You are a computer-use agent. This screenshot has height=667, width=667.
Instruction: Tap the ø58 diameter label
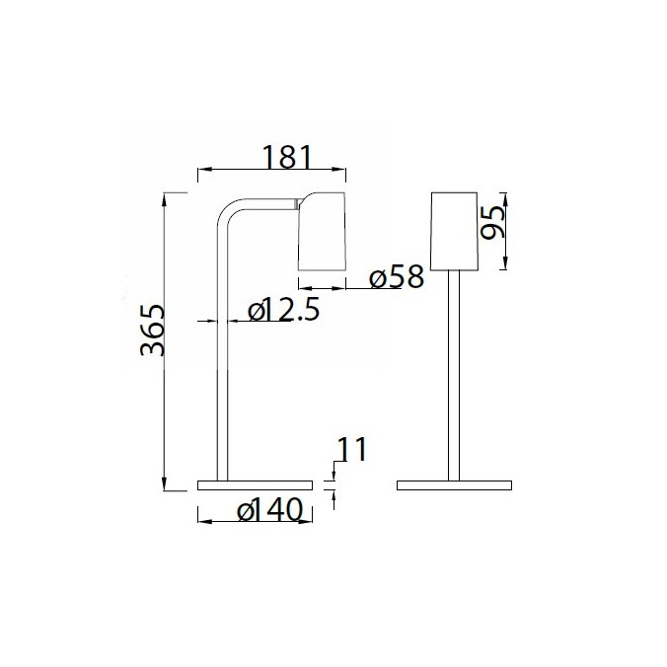(x=396, y=277)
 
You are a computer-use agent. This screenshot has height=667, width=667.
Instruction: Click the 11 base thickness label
(x=350, y=450)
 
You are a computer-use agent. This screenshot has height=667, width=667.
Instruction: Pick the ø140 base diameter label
(x=269, y=510)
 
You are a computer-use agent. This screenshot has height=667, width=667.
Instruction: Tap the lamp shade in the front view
(x=455, y=229)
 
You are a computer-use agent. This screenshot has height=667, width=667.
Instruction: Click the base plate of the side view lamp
(x=255, y=485)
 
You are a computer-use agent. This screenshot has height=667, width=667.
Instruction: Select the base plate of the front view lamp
(x=454, y=485)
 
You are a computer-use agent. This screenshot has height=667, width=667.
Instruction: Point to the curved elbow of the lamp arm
(x=230, y=212)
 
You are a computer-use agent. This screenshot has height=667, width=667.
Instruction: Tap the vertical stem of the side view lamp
(x=222, y=375)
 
